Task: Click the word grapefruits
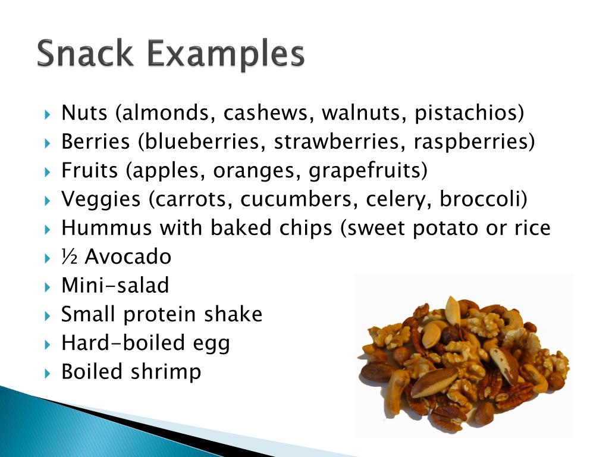[368, 171]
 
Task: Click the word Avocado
[128, 257]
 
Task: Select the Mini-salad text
[115, 286]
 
